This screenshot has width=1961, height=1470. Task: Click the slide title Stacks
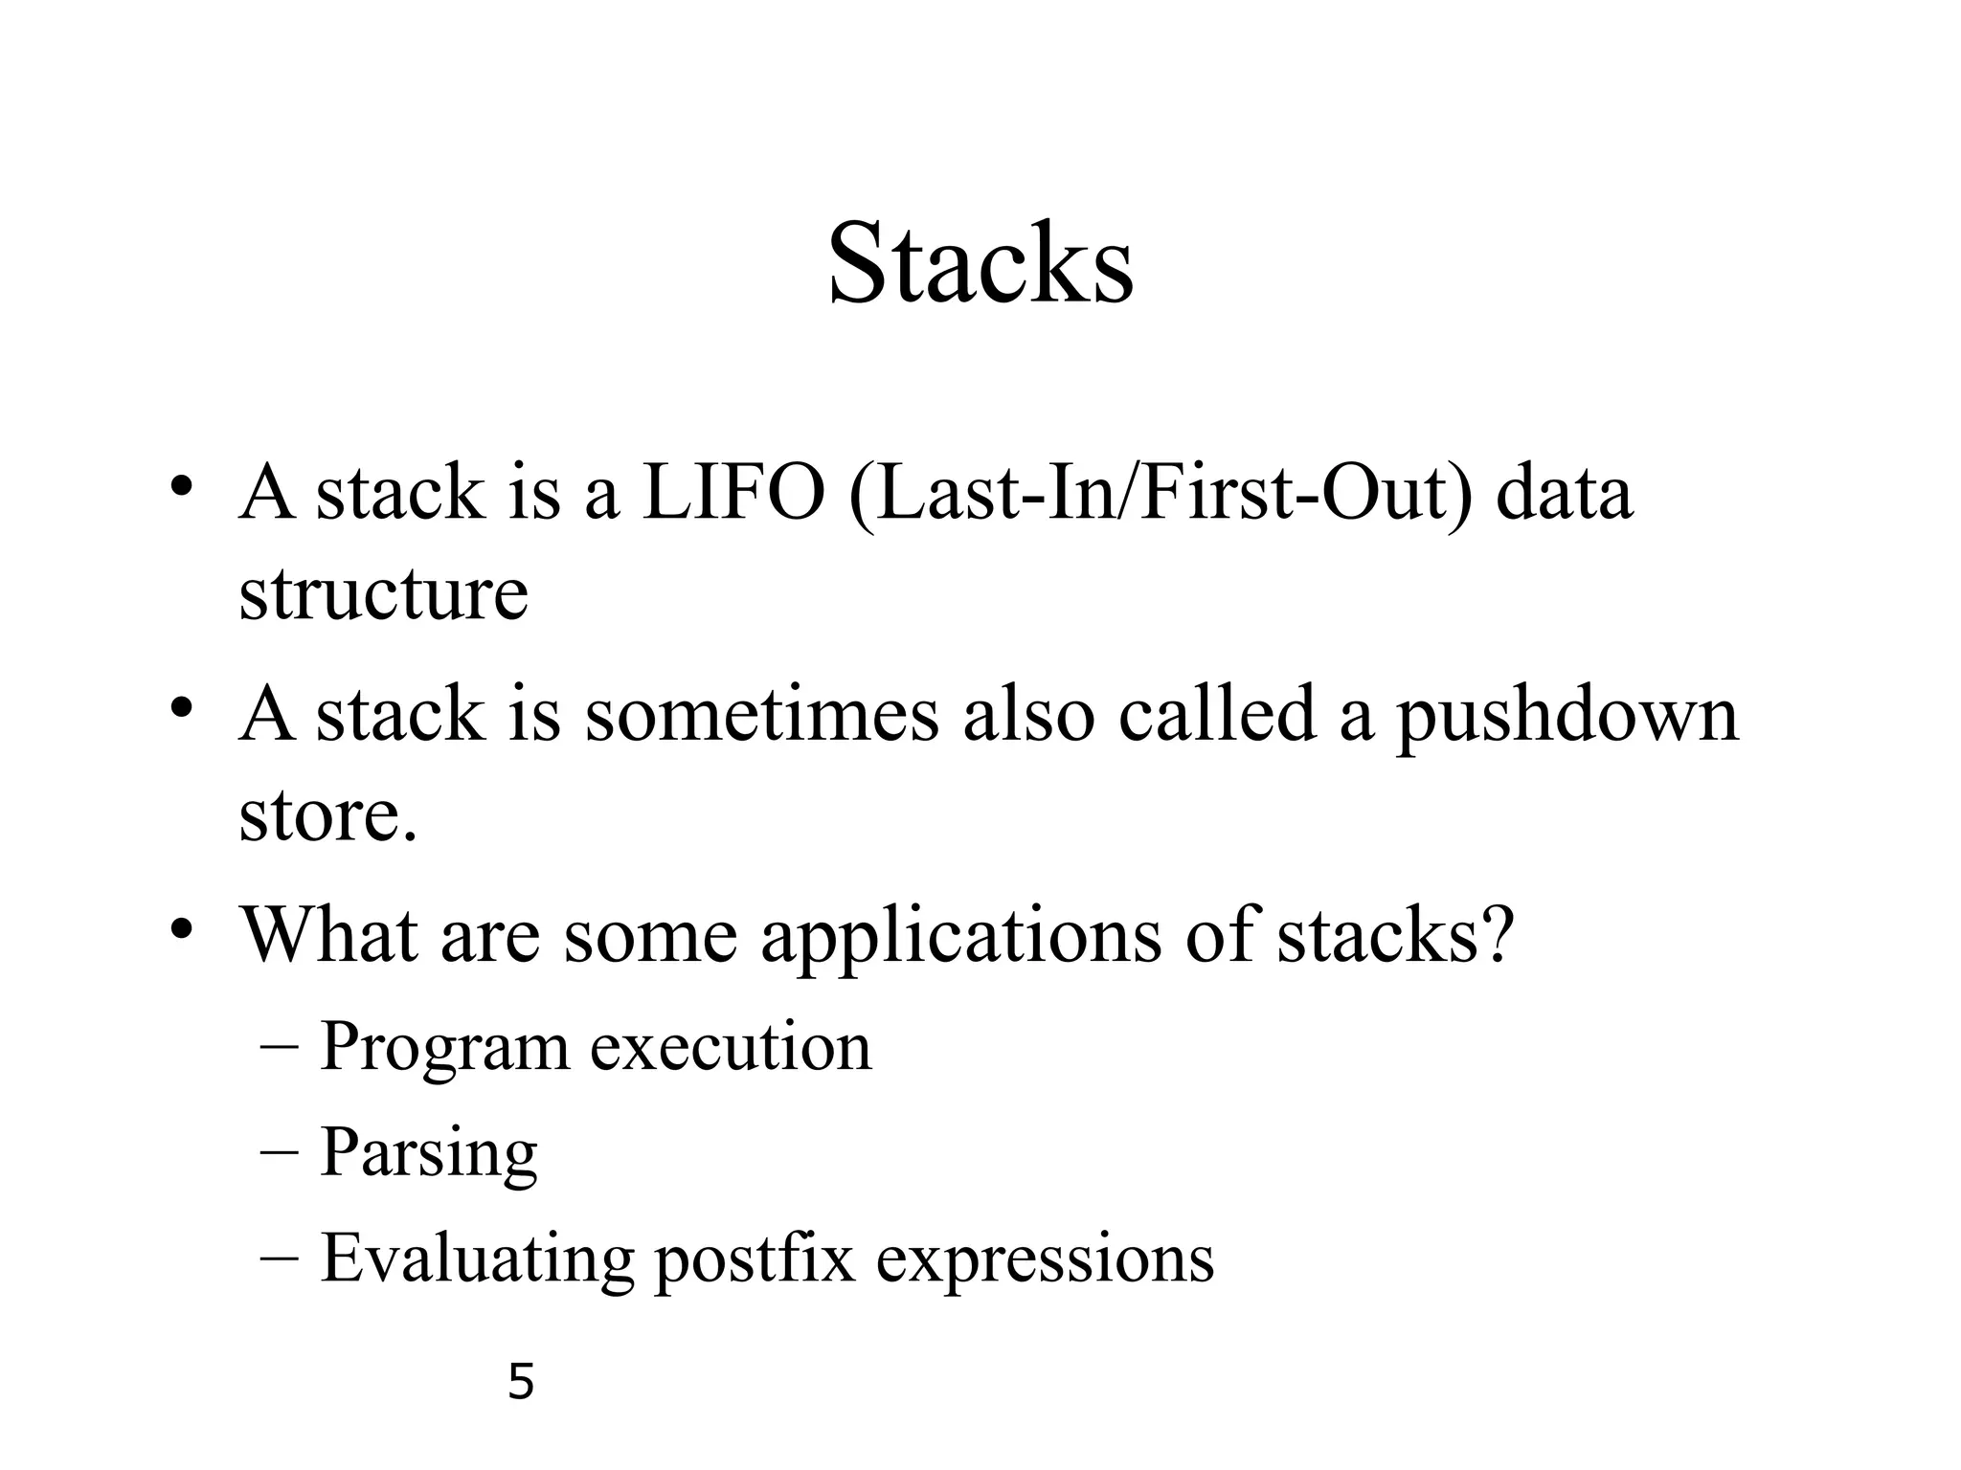pos(980,263)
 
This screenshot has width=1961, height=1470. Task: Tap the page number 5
pos(520,1382)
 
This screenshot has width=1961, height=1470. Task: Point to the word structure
pos(383,593)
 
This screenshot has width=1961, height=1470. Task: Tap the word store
pos(327,815)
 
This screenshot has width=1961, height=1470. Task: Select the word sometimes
pos(762,715)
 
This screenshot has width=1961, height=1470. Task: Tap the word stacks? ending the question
pos(1396,934)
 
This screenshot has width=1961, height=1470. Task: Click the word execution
pos(731,1046)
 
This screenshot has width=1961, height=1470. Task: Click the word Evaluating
pos(477,1260)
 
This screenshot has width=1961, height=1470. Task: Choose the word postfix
pos(754,1260)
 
